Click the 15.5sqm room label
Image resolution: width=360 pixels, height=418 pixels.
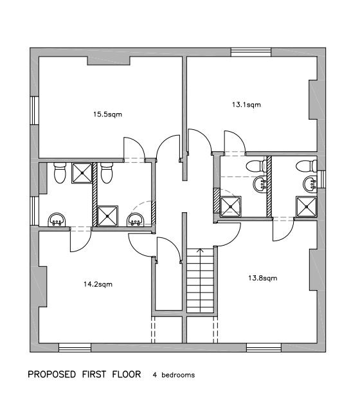107,114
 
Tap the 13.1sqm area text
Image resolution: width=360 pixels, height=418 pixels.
246,104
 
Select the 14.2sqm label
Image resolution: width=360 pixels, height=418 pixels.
99,283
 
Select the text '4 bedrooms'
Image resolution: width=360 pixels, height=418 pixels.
174,374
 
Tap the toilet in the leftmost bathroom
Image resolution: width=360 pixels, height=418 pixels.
60,173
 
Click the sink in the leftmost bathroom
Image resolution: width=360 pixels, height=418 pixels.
59,220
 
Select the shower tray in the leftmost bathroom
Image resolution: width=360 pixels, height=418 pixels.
82,172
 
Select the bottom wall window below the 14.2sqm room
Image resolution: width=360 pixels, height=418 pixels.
75,348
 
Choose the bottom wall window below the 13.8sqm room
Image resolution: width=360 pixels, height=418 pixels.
264,348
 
